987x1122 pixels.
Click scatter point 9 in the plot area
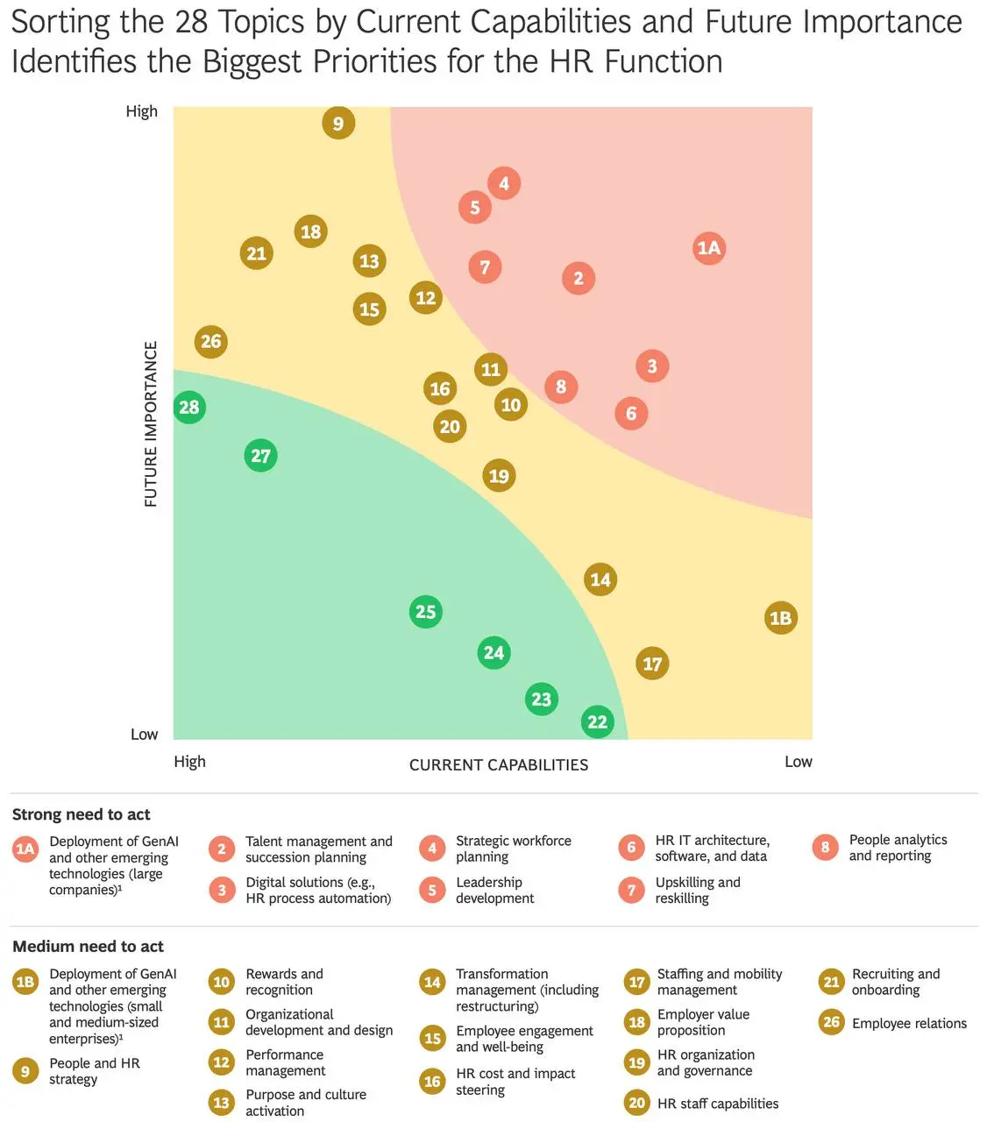point(337,123)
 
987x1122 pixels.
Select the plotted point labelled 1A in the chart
point(708,248)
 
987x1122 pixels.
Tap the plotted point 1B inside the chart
point(780,617)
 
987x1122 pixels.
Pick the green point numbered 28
point(189,407)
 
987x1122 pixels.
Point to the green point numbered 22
point(597,721)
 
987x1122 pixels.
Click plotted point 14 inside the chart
point(600,579)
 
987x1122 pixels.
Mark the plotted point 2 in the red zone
point(579,278)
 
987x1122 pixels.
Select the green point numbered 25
point(425,611)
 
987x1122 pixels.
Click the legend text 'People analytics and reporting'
point(898,848)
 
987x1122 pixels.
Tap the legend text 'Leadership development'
point(494,890)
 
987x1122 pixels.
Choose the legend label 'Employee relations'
point(909,1023)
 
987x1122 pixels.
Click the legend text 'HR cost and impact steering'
point(515,1081)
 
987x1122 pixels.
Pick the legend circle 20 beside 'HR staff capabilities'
point(636,1103)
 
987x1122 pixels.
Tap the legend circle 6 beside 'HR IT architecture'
point(631,848)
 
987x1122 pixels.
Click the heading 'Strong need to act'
point(81,814)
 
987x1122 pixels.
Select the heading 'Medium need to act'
point(88,946)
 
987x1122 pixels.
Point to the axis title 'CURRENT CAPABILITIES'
point(499,764)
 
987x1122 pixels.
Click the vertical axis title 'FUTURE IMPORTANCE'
point(151,423)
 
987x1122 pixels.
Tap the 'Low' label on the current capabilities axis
point(799,762)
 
